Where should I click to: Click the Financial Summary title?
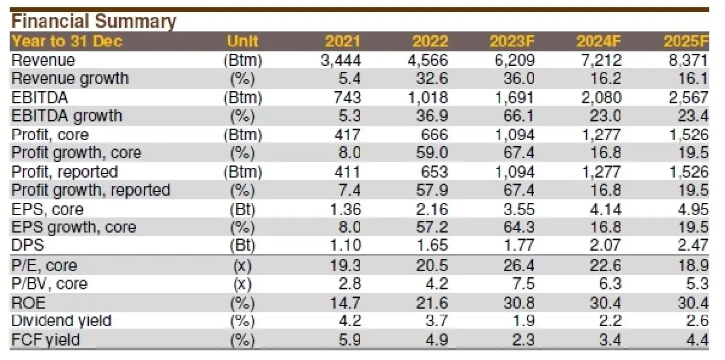94,21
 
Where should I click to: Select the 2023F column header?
512,42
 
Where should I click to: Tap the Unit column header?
242,42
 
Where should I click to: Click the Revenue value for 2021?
341,60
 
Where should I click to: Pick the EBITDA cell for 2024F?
602,98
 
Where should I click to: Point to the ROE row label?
28,303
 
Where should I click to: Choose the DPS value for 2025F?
693,245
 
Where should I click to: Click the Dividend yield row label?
61,321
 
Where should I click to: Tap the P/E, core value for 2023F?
519,266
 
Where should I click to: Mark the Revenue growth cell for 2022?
432,79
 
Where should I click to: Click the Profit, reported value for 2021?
347,172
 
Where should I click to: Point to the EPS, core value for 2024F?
605,209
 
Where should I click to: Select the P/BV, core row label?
50,284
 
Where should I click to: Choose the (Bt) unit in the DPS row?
242,245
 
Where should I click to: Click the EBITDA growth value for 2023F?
519,116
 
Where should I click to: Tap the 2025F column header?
686,42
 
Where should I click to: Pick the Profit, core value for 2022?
434,135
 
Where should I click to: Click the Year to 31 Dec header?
67,42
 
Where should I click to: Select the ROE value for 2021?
345,303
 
